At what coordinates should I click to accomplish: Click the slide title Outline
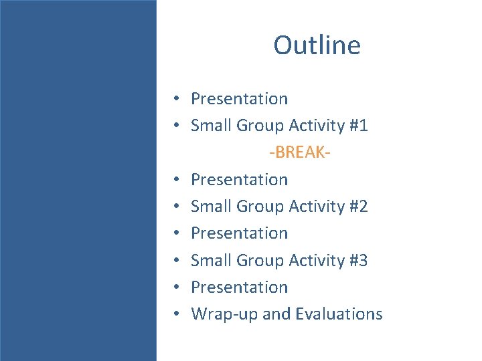point(317,45)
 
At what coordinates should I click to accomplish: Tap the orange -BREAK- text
point(301,152)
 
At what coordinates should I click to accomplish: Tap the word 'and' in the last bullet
point(276,314)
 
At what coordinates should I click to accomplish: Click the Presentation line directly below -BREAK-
point(239,179)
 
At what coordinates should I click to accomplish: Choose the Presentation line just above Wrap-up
point(239,287)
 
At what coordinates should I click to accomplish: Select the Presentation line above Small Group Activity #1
point(239,99)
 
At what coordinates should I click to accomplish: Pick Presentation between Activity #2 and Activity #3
point(239,233)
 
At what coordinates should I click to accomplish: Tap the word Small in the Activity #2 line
point(210,207)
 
